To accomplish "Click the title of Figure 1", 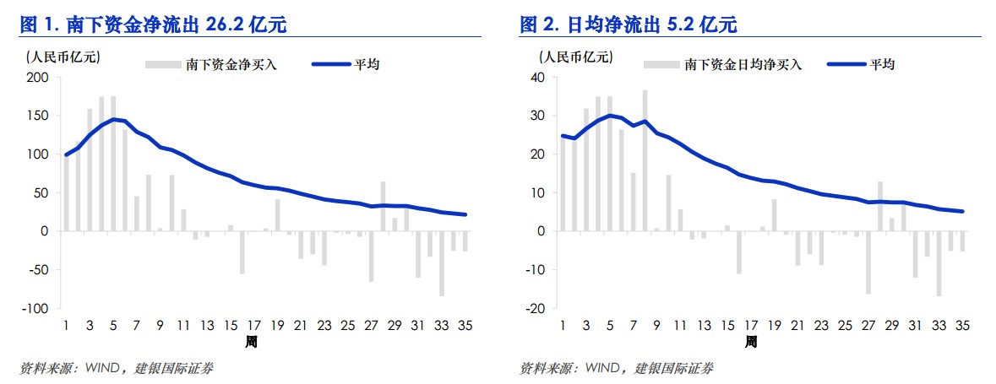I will [153, 25].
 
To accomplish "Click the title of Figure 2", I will [628, 25].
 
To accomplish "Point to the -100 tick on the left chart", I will [36, 308].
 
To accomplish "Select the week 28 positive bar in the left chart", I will [382, 206].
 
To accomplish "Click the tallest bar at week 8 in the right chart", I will [645, 160].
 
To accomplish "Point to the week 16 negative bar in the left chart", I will [242, 252].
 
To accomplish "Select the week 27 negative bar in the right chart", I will [868, 262].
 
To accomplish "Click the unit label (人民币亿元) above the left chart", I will [63, 57].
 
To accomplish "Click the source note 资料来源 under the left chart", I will [46, 368].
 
